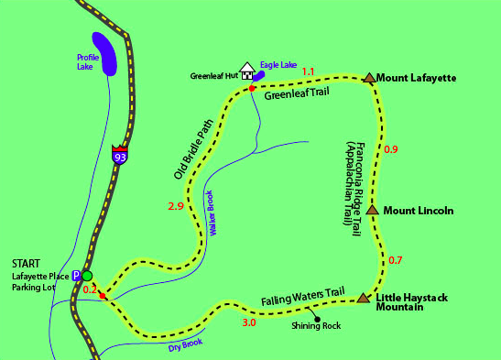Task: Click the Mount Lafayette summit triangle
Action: click(x=369, y=79)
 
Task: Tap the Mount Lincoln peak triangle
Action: click(x=373, y=210)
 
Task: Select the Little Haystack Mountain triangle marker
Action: click(x=365, y=298)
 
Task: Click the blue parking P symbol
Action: click(x=77, y=275)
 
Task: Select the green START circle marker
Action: click(x=88, y=276)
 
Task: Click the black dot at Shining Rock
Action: click(x=316, y=319)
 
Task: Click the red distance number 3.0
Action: click(x=249, y=323)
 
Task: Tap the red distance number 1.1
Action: click(x=308, y=71)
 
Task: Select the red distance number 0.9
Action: click(x=391, y=149)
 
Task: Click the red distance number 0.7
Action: click(x=396, y=260)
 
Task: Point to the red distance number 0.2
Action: click(x=90, y=289)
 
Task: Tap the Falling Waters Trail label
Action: click(x=302, y=298)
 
